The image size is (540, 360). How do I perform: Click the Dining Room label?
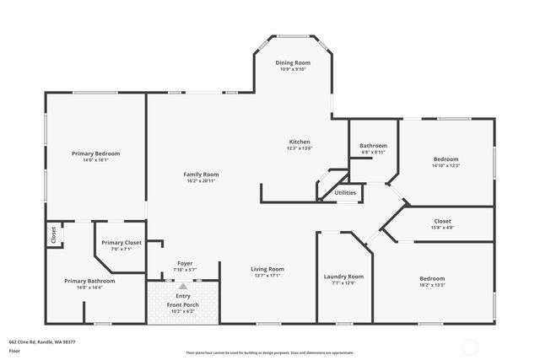click(294, 63)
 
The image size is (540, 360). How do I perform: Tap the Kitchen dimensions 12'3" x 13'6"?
click(300, 148)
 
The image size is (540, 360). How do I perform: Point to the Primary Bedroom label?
click(95, 153)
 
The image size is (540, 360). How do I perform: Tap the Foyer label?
click(184, 263)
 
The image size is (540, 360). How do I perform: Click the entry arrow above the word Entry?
click(183, 287)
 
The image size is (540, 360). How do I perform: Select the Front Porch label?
click(183, 304)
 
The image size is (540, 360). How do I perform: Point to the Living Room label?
click(268, 269)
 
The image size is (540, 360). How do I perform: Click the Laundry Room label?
click(343, 277)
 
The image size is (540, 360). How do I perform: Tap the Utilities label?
click(345, 192)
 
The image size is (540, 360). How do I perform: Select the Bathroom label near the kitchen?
click(373, 146)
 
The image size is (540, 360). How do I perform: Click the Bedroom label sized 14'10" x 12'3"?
click(445, 159)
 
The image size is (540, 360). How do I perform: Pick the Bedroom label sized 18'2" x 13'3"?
click(432, 278)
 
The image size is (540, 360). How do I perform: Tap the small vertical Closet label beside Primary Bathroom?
click(53, 234)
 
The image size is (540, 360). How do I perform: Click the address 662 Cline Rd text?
click(42, 341)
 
